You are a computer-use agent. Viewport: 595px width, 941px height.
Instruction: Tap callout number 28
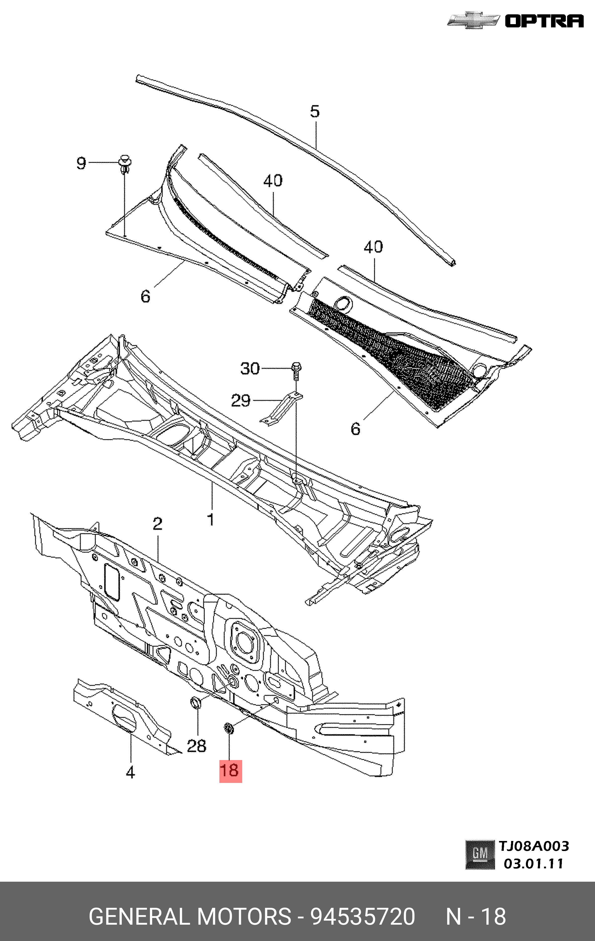[196, 746]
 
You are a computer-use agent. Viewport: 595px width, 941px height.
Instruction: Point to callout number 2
[158, 524]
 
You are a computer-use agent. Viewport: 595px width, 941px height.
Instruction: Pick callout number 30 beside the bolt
[250, 368]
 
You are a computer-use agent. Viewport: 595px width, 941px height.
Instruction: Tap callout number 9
[81, 163]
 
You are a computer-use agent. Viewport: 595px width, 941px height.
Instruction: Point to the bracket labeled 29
[281, 408]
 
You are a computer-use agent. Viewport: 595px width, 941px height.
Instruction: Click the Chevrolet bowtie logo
[473, 21]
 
